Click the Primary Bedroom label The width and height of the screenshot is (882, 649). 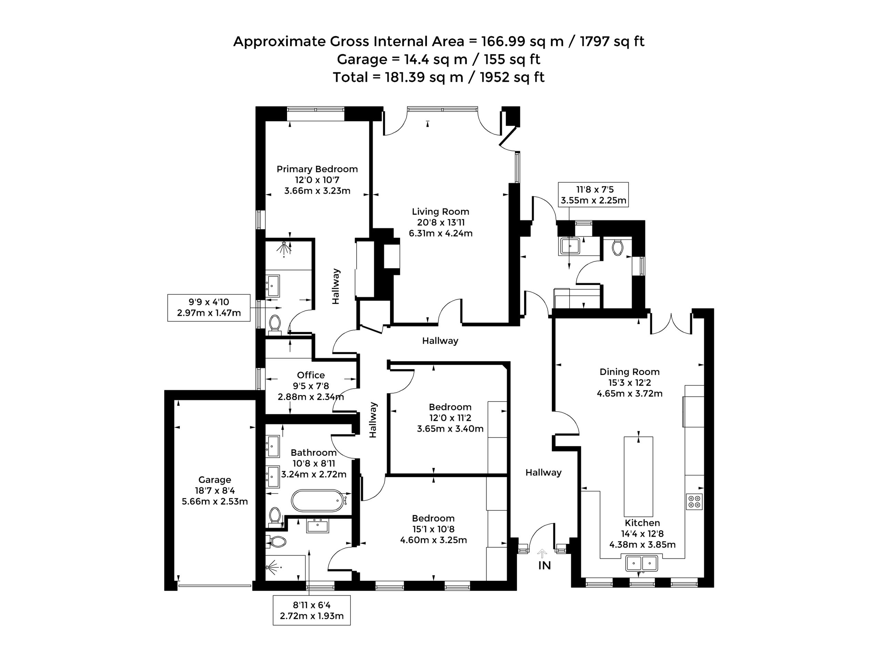point(317,169)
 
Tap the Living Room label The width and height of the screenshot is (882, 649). point(440,212)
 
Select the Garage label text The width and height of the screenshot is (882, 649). point(214,480)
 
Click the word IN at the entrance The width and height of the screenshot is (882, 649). point(544,566)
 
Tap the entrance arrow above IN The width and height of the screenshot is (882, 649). point(542,554)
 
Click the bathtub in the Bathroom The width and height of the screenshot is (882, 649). point(317,500)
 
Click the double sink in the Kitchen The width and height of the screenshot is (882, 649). point(641,564)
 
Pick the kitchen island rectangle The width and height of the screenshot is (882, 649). point(638,476)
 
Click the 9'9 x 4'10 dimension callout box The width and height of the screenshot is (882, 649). point(209,307)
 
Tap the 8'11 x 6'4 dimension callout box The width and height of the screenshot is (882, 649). point(311,610)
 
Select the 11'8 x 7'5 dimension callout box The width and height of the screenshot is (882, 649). point(593,195)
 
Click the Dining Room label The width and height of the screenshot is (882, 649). point(629,372)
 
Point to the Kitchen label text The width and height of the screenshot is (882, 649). point(643,523)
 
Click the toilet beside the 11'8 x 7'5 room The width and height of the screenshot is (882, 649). point(617,248)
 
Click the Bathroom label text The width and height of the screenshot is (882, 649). point(314,453)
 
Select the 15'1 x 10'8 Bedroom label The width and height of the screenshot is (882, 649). point(433,529)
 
